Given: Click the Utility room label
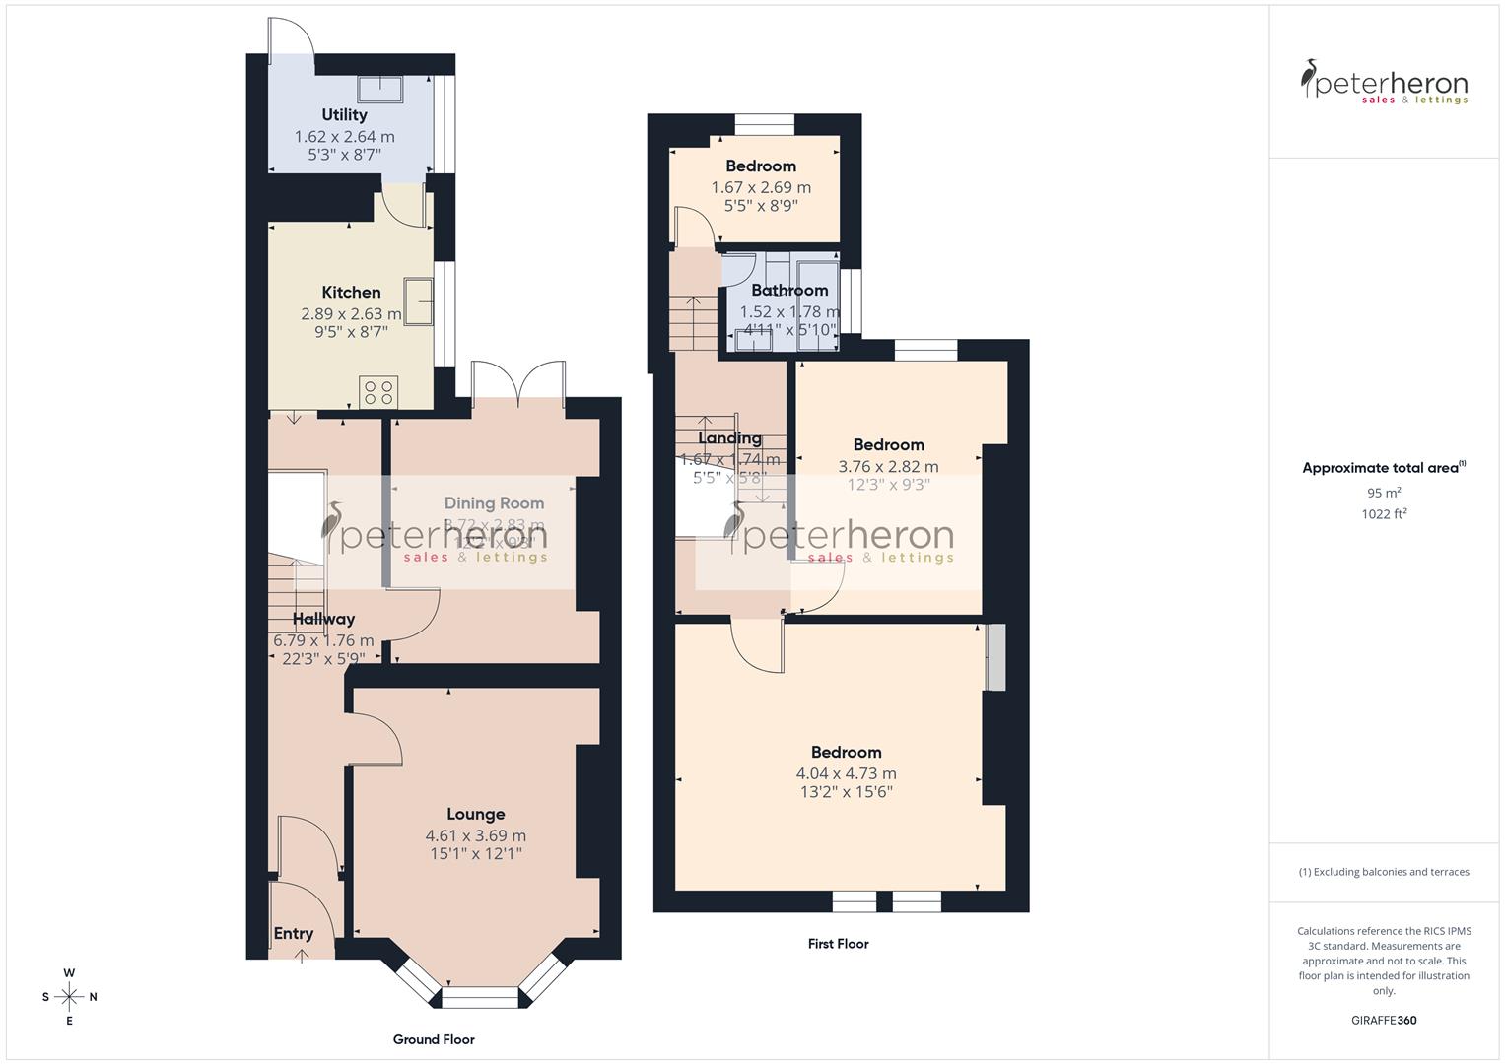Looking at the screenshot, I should click(344, 115).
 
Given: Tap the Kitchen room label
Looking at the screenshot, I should click(351, 293).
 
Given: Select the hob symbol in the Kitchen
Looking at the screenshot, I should click(378, 391).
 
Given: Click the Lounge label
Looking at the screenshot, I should click(475, 815).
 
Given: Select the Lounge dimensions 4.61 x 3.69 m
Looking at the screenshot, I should click(475, 835).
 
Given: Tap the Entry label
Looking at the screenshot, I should click(294, 934).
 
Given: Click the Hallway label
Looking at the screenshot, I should click(323, 620).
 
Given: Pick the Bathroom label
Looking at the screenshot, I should click(789, 291).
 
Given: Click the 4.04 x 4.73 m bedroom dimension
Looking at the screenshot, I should click(846, 774).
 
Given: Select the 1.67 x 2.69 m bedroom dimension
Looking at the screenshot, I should click(761, 187).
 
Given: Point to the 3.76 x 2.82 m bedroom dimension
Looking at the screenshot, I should click(888, 467).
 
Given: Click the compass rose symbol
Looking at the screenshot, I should click(70, 996).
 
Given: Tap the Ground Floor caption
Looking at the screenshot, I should click(434, 1039).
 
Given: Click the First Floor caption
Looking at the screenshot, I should click(838, 944).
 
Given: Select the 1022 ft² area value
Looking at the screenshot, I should click(1384, 513).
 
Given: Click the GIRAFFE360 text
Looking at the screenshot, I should click(1384, 1021).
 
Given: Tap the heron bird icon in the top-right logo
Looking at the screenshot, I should click(1310, 79).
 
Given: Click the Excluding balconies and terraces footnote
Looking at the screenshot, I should click(1384, 872).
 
